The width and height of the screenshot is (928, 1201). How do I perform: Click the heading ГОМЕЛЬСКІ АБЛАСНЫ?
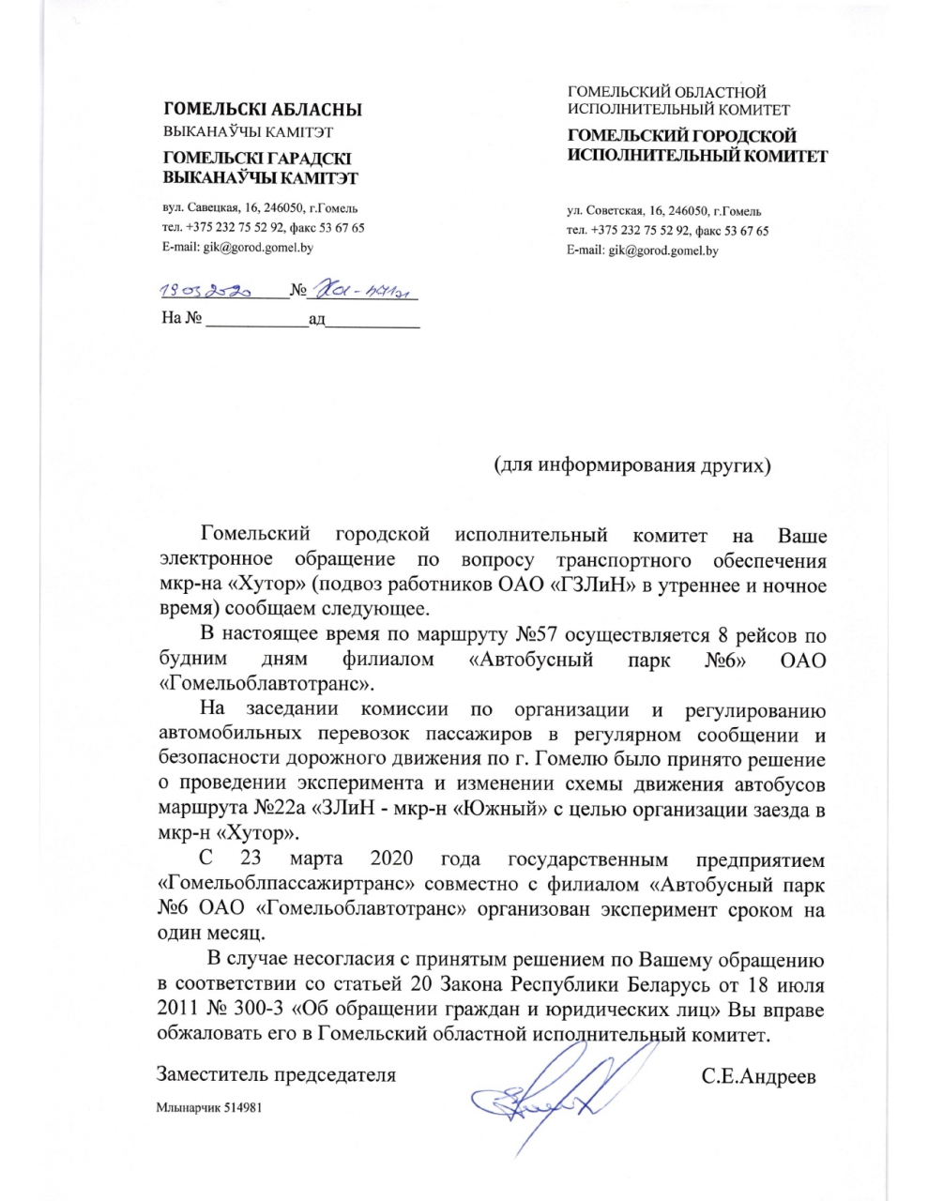(x=262, y=111)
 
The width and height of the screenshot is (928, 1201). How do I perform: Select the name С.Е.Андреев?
(x=758, y=1076)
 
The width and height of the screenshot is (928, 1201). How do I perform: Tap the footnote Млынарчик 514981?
(x=207, y=1108)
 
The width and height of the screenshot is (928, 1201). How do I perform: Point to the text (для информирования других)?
(x=632, y=465)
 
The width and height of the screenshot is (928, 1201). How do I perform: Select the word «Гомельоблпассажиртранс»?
(x=276, y=883)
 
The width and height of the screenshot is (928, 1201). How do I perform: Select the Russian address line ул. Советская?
(x=663, y=211)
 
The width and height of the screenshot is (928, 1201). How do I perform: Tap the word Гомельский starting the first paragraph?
(x=255, y=536)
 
